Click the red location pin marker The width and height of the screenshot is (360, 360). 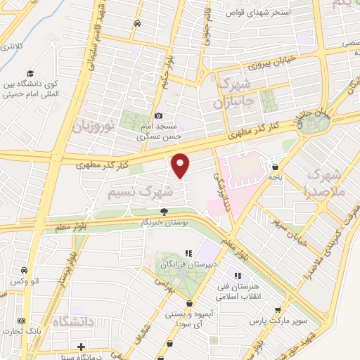coord(181,165)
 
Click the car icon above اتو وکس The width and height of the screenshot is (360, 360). coord(25,271)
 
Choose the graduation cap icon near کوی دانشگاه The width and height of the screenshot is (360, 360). coord(30,74)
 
